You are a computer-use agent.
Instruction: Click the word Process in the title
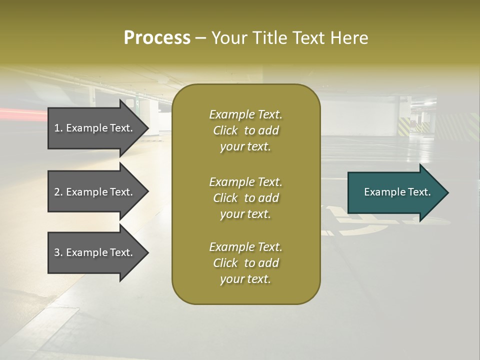point(157,38)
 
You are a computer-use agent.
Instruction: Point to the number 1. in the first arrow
point(58,128)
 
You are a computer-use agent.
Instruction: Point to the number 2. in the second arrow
point(58,192)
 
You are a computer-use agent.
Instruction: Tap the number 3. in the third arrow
point(58,252)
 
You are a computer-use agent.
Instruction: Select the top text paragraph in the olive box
point(245,130)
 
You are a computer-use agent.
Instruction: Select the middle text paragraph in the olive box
point(245,198)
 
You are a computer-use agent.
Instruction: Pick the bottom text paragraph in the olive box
point(245,263)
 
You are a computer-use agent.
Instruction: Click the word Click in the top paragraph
point(225,130)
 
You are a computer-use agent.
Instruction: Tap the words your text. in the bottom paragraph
point(245,279)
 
